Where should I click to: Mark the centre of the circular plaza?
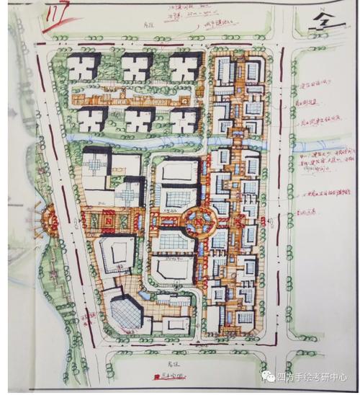[x=197, y=218]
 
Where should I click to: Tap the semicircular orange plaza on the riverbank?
[x=52, y=216]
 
